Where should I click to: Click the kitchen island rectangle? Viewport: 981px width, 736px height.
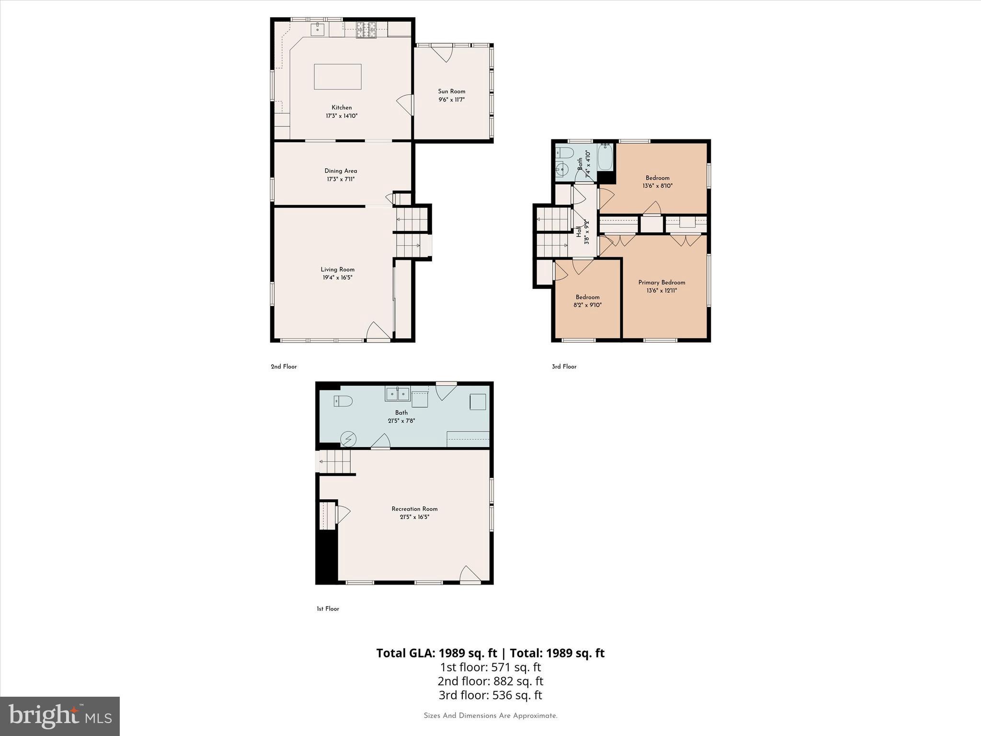tap(337, 77)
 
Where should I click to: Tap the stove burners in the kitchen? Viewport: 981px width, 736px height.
tap(366, 30)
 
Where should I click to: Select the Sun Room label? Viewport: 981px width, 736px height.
tap(451, 92)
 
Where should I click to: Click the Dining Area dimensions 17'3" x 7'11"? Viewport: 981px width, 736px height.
tap(340, 179)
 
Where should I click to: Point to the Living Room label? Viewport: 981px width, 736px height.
tap(337, 269)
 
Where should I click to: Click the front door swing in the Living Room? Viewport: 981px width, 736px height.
tap(378, 332)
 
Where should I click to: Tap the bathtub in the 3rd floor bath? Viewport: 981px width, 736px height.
tap(605, 157)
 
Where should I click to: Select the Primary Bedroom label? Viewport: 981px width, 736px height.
tap(662, 282)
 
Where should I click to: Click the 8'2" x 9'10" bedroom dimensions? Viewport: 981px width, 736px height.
tap(587, 305)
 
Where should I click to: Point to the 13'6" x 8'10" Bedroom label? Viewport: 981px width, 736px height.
tap(657, 178)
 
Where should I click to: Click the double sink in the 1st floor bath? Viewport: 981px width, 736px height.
tap(398, 394)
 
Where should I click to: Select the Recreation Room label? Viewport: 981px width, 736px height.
tap(414, 509)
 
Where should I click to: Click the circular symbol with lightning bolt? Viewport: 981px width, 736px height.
tap(348, 439)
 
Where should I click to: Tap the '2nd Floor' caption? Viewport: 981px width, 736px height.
tap(284, 367)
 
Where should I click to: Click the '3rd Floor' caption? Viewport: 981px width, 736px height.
tap(564, 367)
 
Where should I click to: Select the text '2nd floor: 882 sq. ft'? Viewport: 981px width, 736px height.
tap(490, 681)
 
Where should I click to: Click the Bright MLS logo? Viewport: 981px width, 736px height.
tap(60, 716)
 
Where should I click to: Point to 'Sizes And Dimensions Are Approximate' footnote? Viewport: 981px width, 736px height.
tap(490, 716)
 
